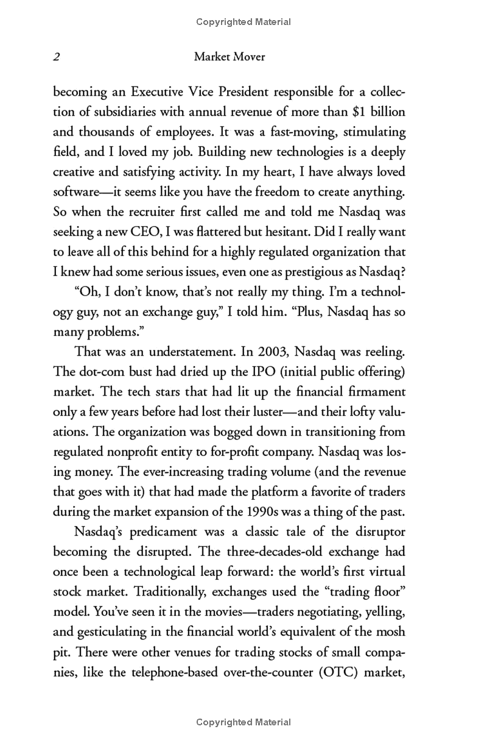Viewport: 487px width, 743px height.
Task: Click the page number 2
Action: click(56, 57)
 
